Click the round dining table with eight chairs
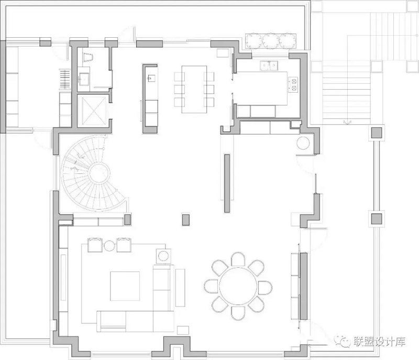coord(238,286)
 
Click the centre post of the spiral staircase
coord(99,173)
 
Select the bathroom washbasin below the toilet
coord(84,80)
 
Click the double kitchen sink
coord(269,66)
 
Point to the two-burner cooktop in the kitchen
coord(293,84)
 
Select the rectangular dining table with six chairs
coord(194,89)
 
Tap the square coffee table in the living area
coord(125,286)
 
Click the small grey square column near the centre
coord(186,220)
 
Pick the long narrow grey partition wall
coord(227,183)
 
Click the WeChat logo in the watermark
coord(342,341)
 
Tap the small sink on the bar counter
coord(151,78)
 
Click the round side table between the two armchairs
coord(109,246)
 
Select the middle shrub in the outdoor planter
coord(271,41)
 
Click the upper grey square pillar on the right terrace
coord(377,133)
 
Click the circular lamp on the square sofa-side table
coord(163,256)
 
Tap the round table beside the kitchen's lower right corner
coord(303,143)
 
